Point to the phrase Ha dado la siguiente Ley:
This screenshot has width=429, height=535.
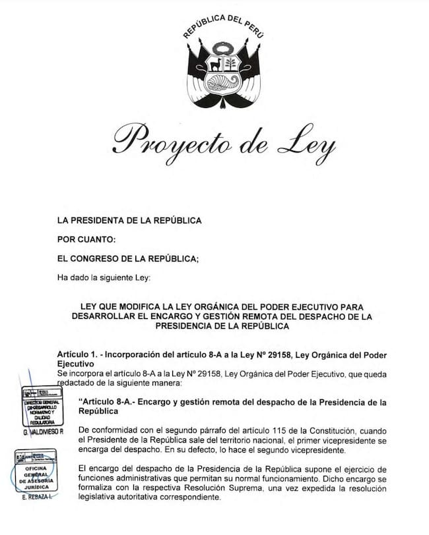coord(104,277)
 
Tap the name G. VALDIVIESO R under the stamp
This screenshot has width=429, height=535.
coord(43,432)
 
